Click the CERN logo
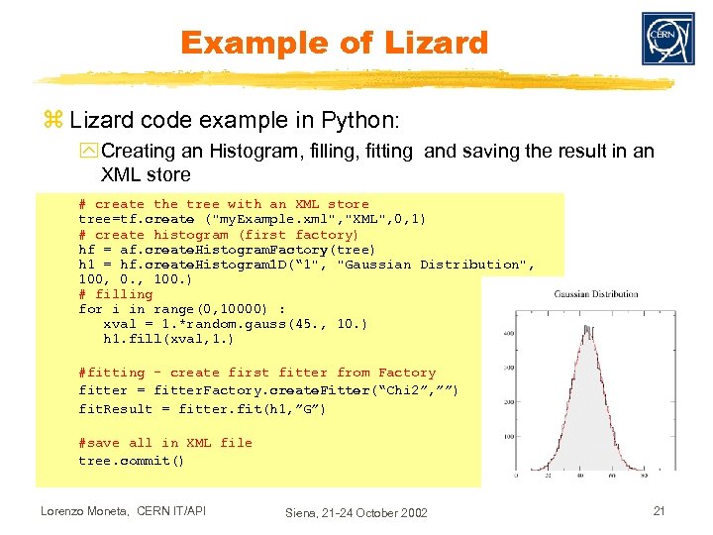click(x=667, y=40)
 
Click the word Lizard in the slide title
click(x=432, y=44)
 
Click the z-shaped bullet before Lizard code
click(x=52, y=121)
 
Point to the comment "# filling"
click(x=116, y=294)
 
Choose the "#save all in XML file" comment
click(x=165, y=443)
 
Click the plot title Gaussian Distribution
click(x=596, y=294)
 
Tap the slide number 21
click(x=658, y=510)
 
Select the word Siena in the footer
click(x=304, y=512)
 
